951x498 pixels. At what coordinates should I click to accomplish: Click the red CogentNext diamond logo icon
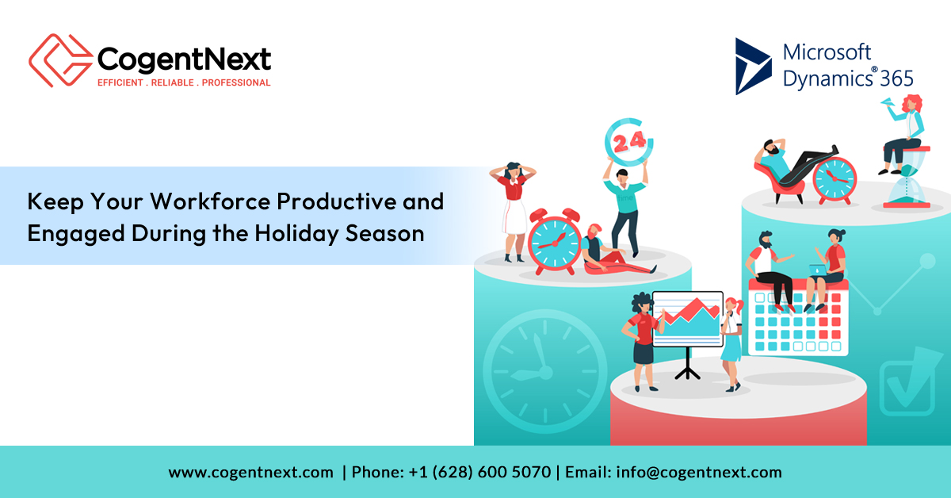click(x=61, y=60)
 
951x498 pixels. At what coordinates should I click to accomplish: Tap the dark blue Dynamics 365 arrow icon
click(x=753, y=66)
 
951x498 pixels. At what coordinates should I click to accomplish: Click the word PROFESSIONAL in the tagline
click(x=236, y=82)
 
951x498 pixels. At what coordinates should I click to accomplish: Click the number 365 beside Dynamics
click(x=896, y=79)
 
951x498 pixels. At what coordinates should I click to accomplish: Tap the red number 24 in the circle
click(x=629, y=142)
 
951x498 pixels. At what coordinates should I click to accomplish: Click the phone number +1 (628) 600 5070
click(x=479, y=472)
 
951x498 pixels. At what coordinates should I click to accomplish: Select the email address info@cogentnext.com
click(x=699, y=472)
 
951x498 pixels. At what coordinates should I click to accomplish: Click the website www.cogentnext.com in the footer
click(x=250, y=473)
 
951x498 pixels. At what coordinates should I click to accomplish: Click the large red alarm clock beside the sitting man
click(x=555, y=241)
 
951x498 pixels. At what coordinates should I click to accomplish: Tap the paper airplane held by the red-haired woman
click(x=888, y=102)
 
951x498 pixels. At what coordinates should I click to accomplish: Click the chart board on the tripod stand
click(x=687, y=319)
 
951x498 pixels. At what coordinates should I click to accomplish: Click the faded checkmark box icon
click(x=908, y=382)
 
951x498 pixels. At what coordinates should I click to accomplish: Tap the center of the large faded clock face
click(x=545, y=372)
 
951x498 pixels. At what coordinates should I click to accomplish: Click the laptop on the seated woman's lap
click(x=818, y=270)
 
